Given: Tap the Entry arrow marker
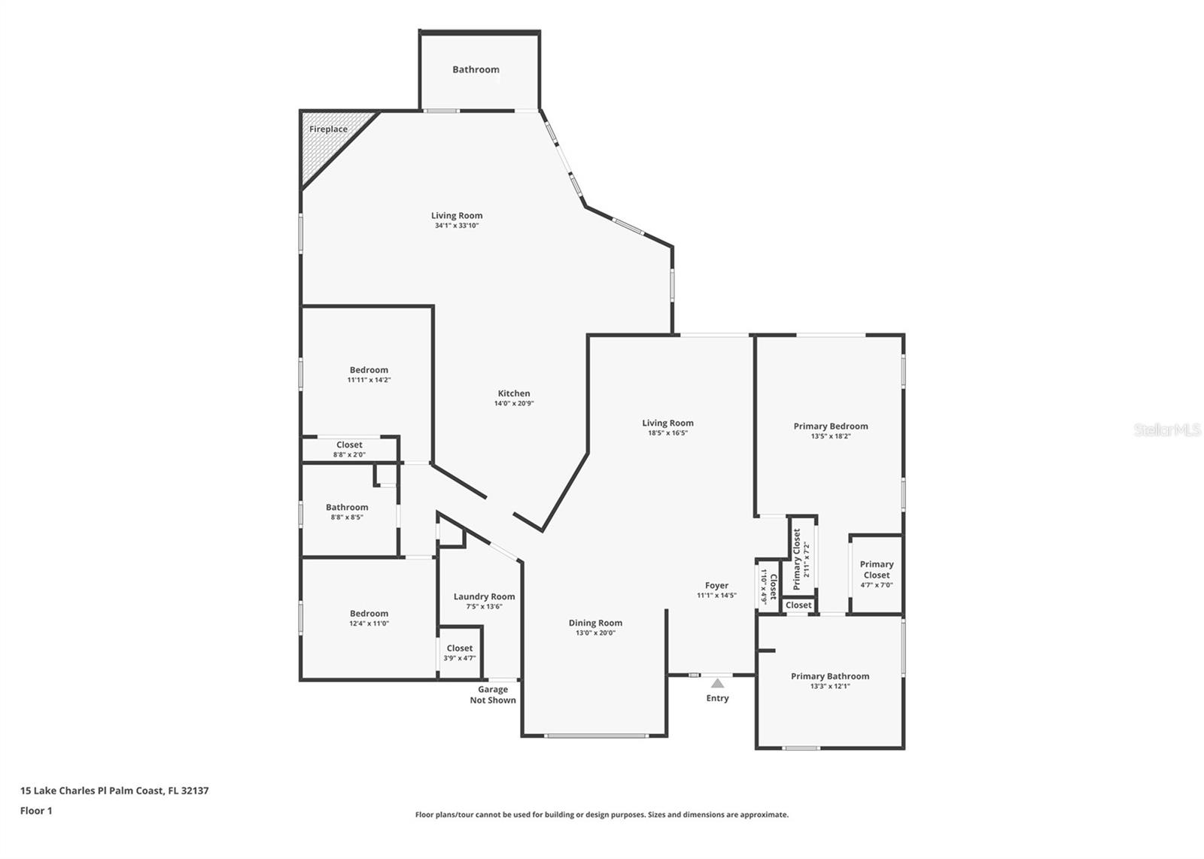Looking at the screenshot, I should pyautogui.click(x=717, y=683).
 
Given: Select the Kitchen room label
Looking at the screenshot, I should pyautogui.click(x=514, y=393).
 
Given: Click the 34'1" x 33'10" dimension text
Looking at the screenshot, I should pyautogui.click(x=457, y=226).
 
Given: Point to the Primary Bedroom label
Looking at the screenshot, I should pyautogui.click(x=831, y=426).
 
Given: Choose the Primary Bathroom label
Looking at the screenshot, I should pyautogui.click(x=830, y=676).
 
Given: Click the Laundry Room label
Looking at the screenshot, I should pyautogui.click(x=484, y=596).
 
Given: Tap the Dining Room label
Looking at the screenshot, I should pyautogui.click(x=595, y=623).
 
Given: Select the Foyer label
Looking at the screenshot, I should pyautogui.click(x=716, y=585).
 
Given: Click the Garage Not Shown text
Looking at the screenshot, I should pyautogui.click(x=493, y=694).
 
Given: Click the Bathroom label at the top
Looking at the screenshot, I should pyautogui.click(x=476, y=69).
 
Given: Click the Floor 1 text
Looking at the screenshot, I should pyautogui.click(x=36, y=811).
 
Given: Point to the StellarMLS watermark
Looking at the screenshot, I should pyautogui.click(x=1167, y=430).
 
